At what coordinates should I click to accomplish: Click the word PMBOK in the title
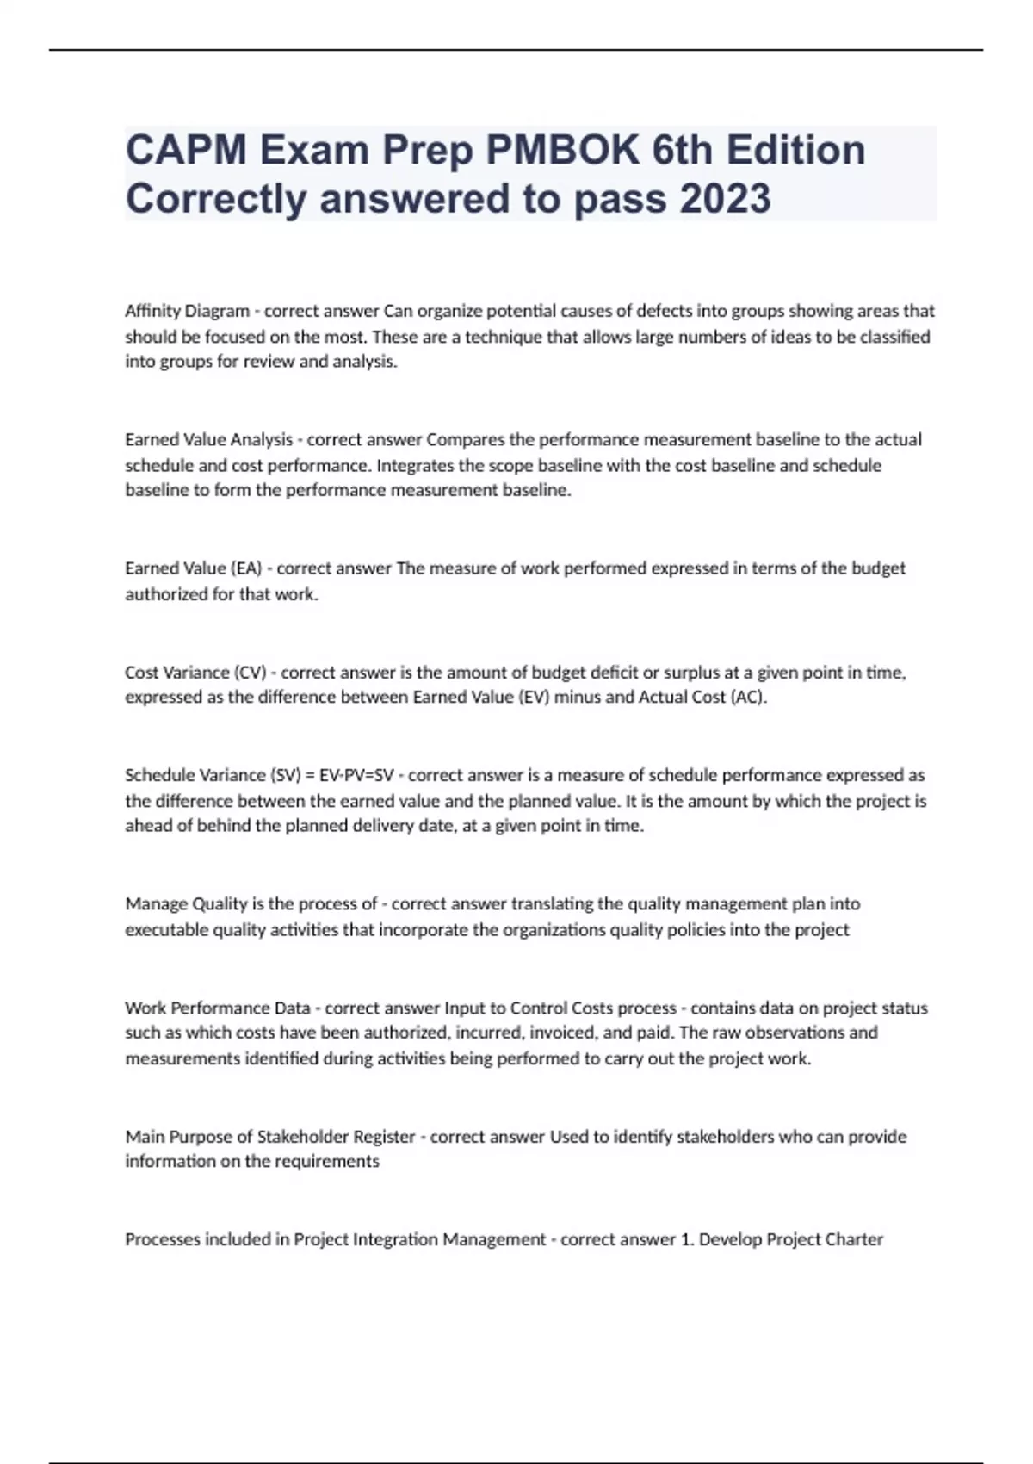coord(562,150)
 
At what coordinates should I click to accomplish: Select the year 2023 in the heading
coord(725,199)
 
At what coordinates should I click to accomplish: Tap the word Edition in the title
coord(795,150)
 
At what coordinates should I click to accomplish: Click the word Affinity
coord(152,311)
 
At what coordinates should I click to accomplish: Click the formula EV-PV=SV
coord(356,775)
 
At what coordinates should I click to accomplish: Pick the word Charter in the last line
coord(853,1239)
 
